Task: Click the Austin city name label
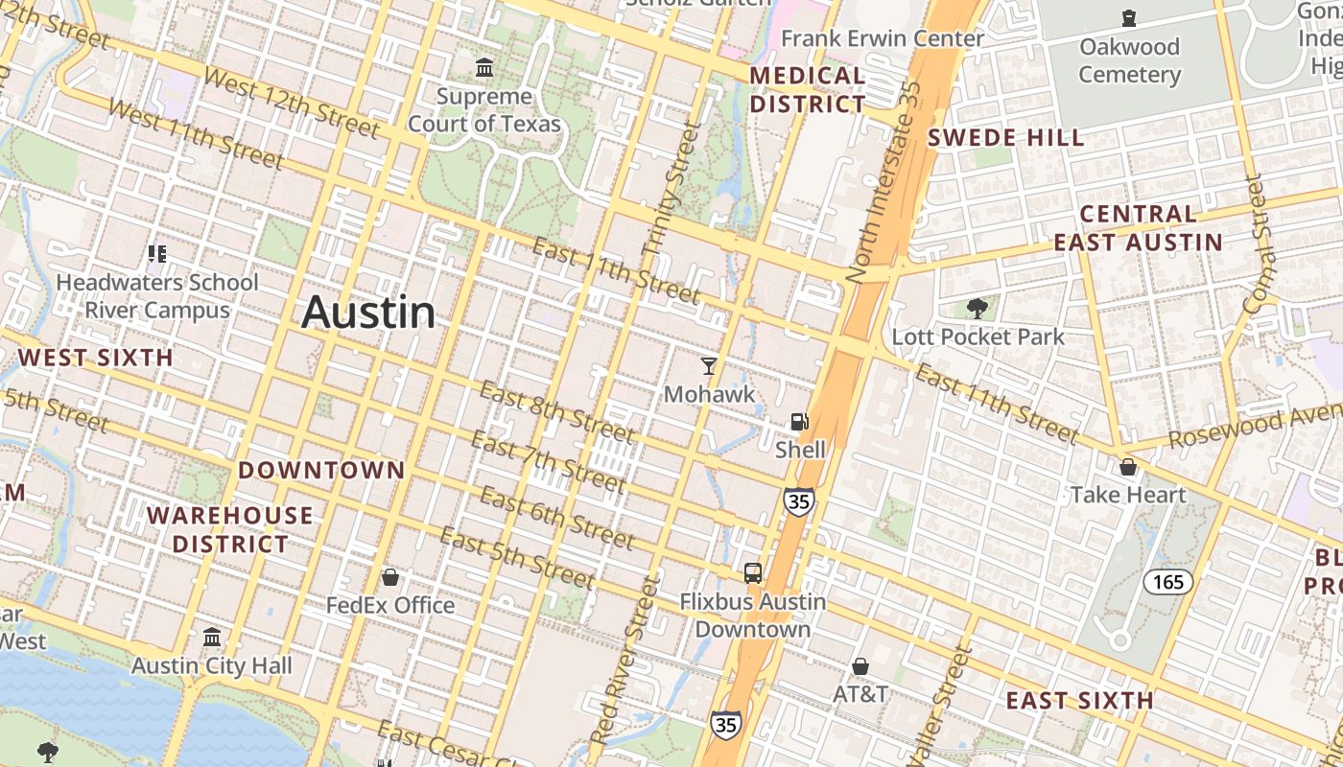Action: (368, 313)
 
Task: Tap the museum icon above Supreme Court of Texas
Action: (484, 69)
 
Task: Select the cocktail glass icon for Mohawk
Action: (709, 365)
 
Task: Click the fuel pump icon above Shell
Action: (799, 421)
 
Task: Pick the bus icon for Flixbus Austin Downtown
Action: (753, 573)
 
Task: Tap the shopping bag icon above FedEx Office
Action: (390, 577)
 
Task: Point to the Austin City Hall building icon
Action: (212, 637)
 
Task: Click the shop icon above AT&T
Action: (860, 665)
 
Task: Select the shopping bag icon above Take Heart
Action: (1128, 467)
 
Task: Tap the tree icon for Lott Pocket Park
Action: (978, 308)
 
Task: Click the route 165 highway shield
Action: (1167, 581)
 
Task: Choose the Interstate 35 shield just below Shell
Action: (798, 500)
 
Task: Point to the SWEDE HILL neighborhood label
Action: (1006, 138)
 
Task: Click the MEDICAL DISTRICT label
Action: (808, 90)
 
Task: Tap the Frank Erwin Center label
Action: (883, 38)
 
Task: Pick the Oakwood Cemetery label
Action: (1129, 60)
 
